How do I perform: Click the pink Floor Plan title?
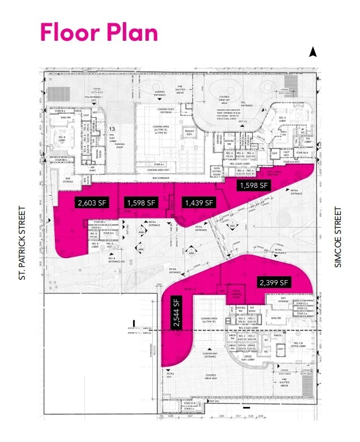click(x=98, y=32)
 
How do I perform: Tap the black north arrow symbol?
click(x=312, y=53)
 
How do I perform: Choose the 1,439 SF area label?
click(x=198, y=203)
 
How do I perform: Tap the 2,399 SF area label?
click(x=274, y=281)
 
